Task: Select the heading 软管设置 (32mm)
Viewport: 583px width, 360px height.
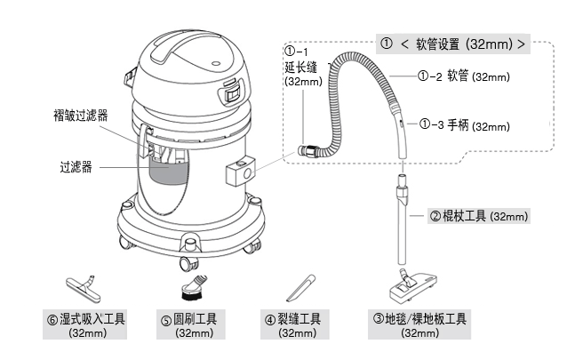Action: pyautogui.click(x=452, y=44)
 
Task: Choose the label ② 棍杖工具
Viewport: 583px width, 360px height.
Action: pyautogui.click(x=479, y=216)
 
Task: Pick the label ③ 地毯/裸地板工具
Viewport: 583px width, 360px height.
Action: pyautogui.click(x=419, y=318)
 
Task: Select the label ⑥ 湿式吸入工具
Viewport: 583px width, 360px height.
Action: pyautogui.click(x=89, y=318)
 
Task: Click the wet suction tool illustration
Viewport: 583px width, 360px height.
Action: pyautogui.click(x=87, y=286)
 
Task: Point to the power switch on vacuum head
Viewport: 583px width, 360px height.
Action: pyautogui.click(x=233, y=89)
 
